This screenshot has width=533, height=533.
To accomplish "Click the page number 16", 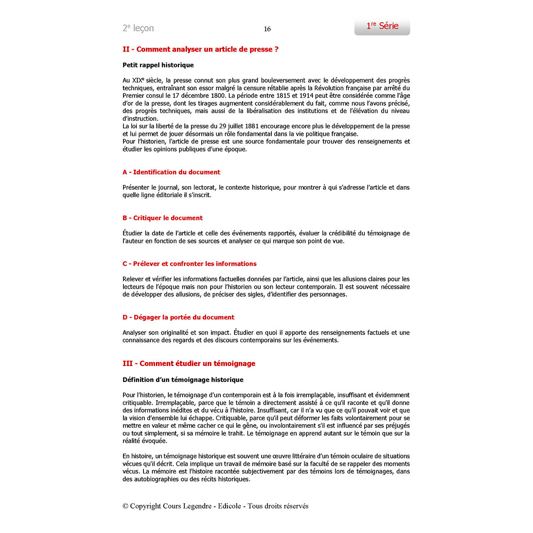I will click(x=267, y=29).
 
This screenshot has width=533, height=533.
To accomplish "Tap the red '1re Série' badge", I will click(x=382, y=26).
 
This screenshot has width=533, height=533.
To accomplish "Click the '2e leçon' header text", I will click(x=138, y=28).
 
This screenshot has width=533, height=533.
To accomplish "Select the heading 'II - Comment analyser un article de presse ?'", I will click(x=200, y=49).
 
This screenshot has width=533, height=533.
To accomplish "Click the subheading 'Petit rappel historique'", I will click(x=158, y=65).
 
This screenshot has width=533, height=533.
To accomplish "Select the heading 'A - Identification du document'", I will click(x=171, y=172).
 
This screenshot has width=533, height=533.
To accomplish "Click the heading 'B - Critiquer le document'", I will click(x=162, y=218).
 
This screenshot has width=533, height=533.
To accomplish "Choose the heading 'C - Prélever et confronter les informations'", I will click(x=189, y=263).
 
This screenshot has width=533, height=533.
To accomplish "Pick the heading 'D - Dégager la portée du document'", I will click(x=178, y=317).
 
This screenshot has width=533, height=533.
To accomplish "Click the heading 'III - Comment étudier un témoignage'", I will click(x=189, y=363).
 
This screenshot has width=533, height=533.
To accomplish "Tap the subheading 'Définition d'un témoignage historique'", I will click(x=183, y=380).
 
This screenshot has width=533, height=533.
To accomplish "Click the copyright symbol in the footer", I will click(x=125, y=506).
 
